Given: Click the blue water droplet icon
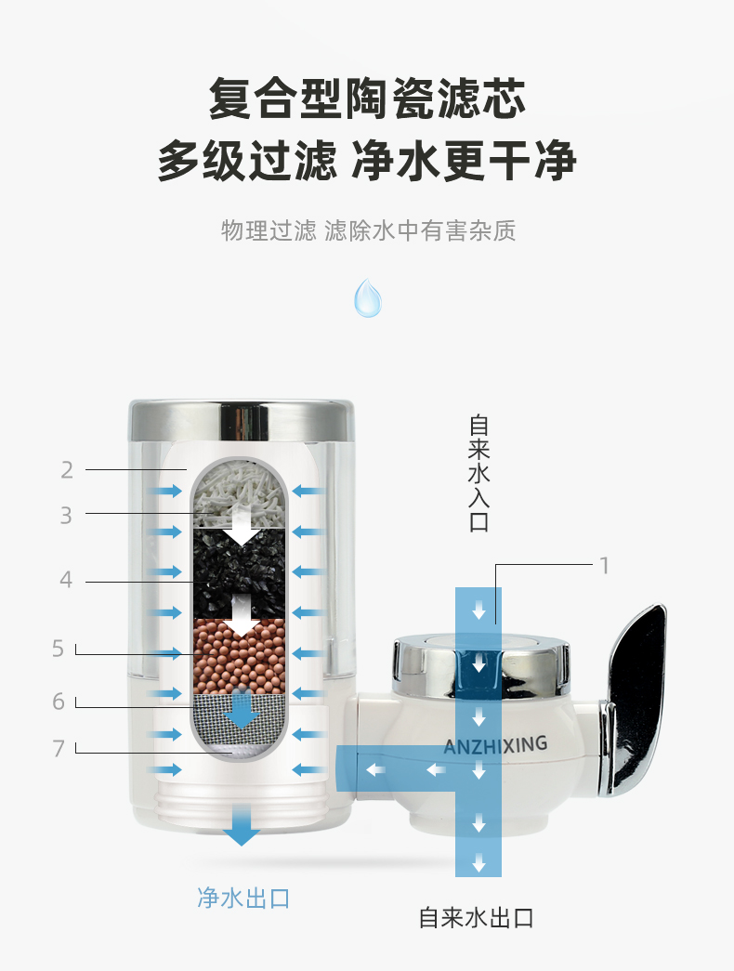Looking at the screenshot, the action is coord(367,298).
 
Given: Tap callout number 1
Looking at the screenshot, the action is coord(604,565).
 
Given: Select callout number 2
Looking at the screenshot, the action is coord(67,470).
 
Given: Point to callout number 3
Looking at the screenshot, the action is coord(66,515).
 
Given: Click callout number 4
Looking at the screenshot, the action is coord(66,580).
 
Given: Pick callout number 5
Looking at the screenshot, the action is coord(59,649).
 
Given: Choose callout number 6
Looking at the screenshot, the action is coord(59,702).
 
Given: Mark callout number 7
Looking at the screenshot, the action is coord(59,749).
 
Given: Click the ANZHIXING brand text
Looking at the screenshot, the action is coord(495,745).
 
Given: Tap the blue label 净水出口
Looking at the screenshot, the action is coord(243,898).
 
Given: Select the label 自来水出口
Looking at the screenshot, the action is coord(476,918).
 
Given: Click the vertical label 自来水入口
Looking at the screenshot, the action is coord(478,473).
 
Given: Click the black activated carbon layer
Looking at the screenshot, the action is coord(240,572).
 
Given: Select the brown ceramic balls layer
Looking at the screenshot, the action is coord(240,656).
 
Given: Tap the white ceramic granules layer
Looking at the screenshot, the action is coord(240,493).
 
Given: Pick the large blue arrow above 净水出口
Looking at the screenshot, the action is coord(241,825).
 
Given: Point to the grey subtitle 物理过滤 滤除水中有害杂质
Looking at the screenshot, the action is coord(368,230).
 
